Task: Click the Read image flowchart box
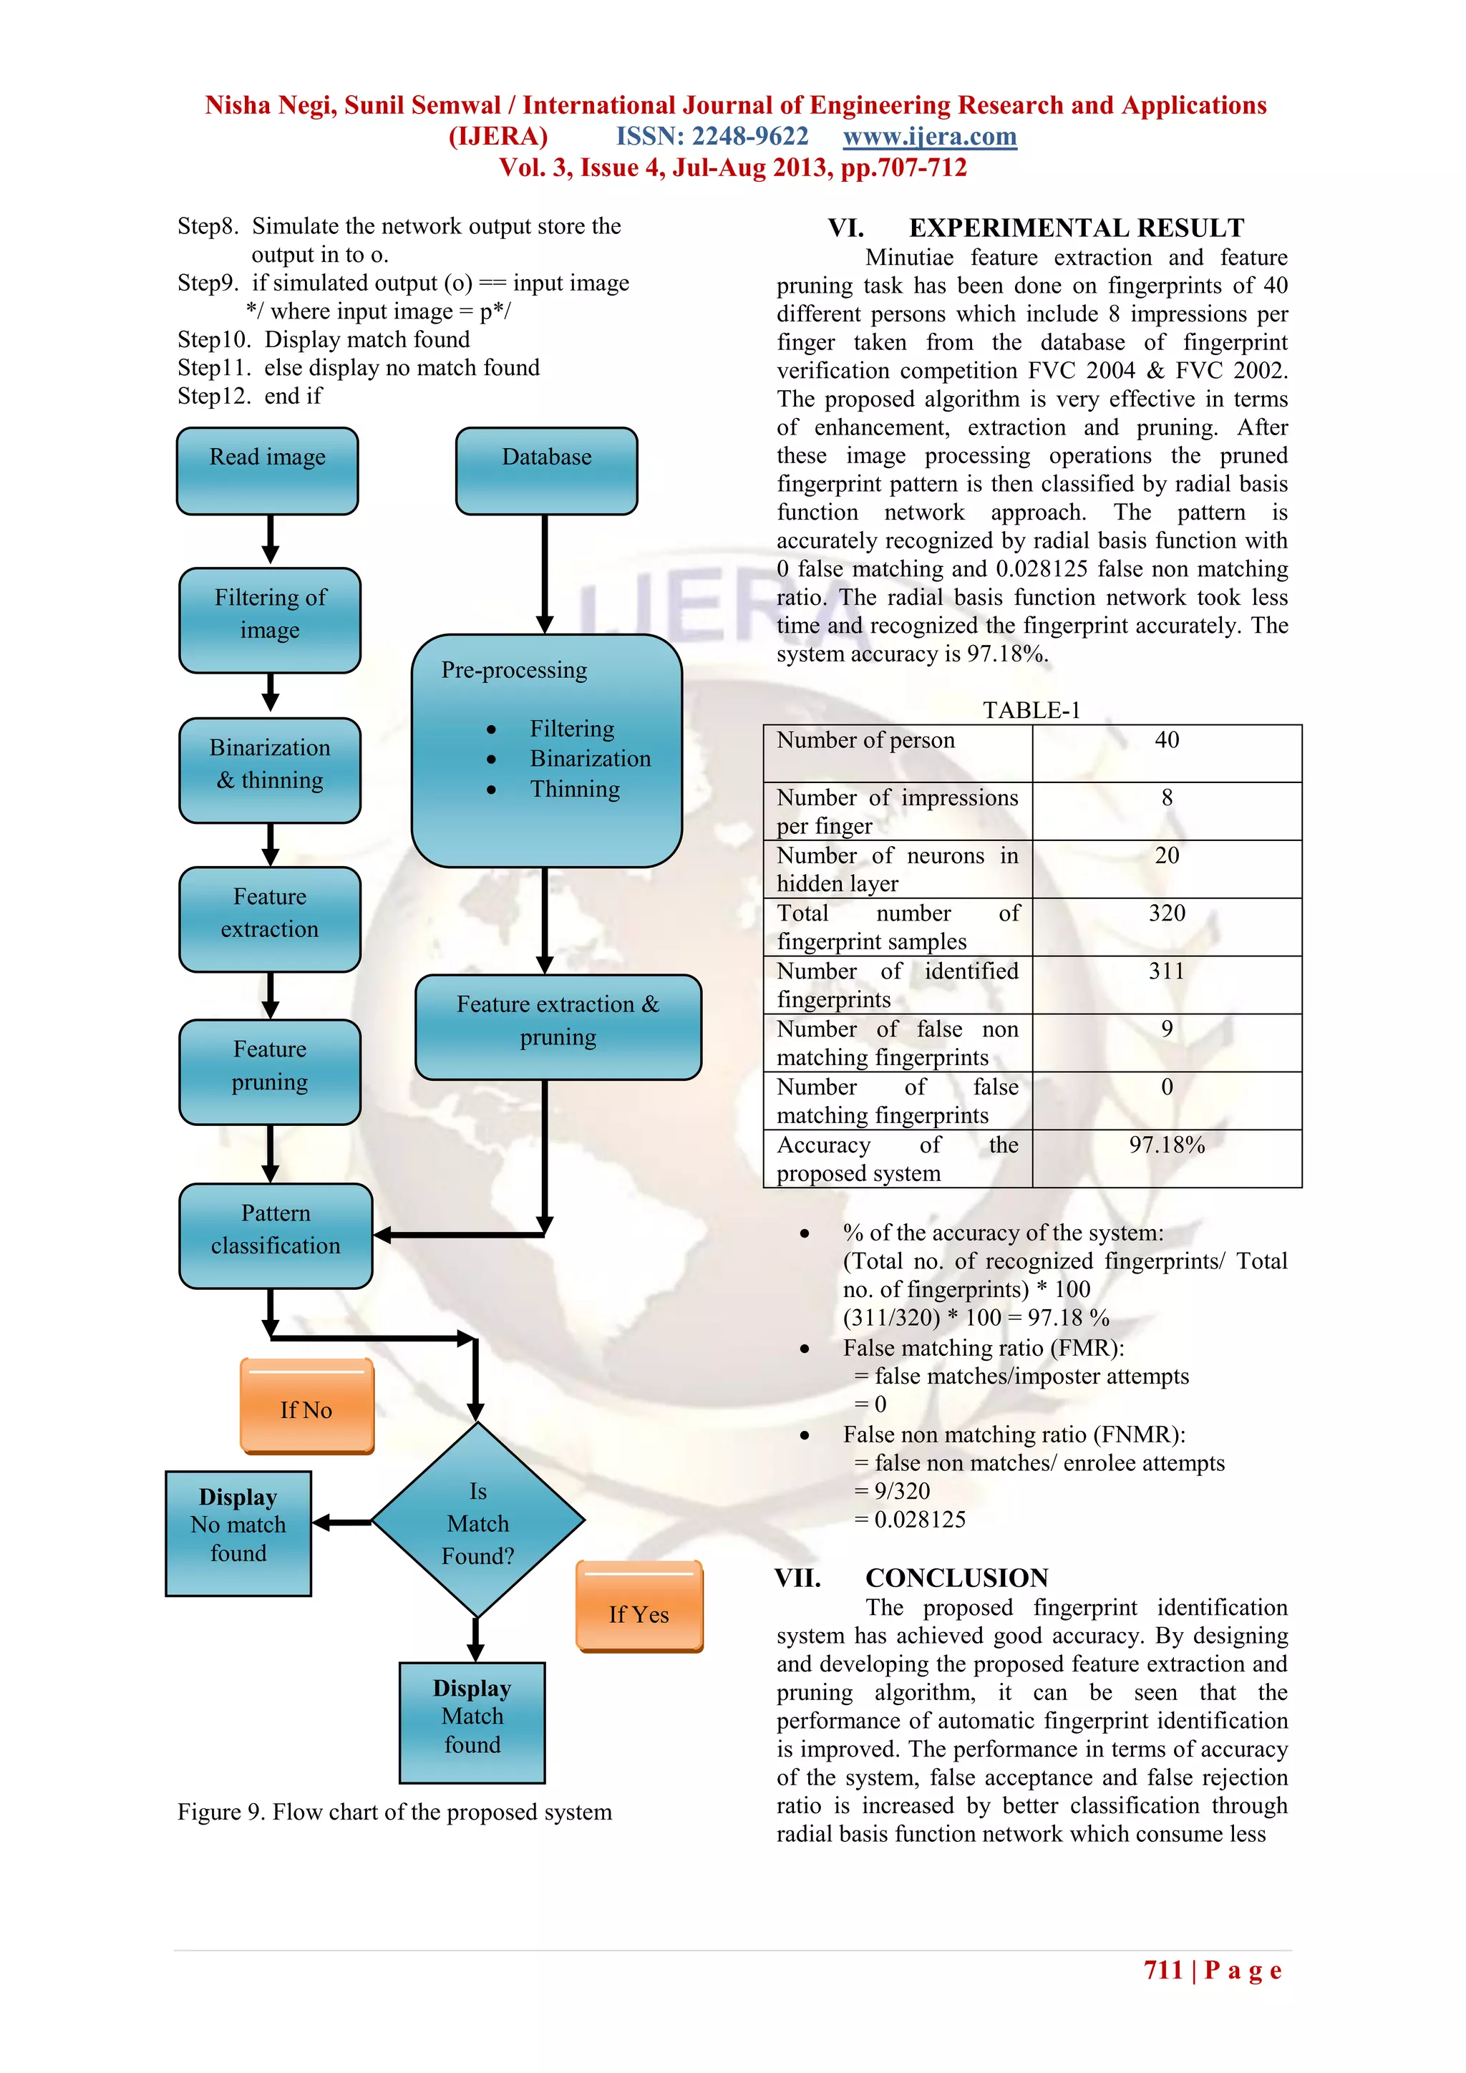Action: point(267,471)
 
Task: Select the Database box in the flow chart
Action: point(546,471)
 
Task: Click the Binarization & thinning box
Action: point(270,770)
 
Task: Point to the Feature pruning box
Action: point(270,1072)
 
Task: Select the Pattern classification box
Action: point(276,1235)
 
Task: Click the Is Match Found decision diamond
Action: point(477,1523)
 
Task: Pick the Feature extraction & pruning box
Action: point(558,1027)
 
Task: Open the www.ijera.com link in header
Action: point(930,136)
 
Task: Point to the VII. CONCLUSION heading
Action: point(912,1578)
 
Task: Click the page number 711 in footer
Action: point(1162,1970)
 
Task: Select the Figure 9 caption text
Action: point(394,1812)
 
